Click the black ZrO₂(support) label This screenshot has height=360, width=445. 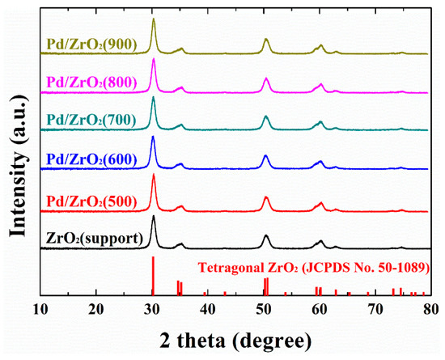point(97,238)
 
